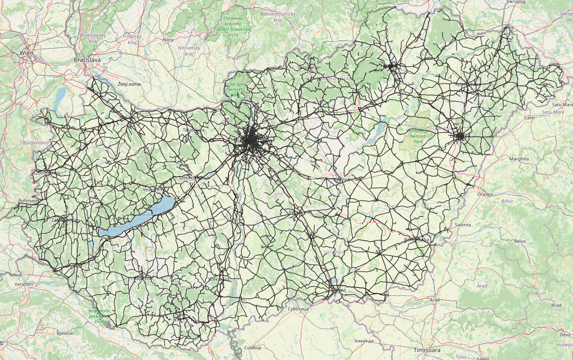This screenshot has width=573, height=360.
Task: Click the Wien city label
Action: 26,53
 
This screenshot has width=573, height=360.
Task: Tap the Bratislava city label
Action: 87,59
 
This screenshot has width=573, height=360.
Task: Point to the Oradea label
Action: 485,194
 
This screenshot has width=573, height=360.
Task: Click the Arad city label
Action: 435,300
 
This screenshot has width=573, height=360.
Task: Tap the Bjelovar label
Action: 64,333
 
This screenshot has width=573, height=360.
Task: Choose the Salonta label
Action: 462,224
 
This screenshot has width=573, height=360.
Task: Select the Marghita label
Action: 519,159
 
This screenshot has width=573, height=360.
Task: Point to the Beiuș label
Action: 520,241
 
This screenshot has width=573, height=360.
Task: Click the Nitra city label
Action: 168,40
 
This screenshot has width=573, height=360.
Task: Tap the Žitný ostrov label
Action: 129,84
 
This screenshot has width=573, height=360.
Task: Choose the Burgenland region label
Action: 36,143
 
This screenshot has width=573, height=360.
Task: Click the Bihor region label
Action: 507,201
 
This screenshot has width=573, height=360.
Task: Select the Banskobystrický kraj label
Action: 278,17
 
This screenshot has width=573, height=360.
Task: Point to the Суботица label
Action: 298,309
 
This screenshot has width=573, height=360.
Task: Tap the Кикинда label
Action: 364,341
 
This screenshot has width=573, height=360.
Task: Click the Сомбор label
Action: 253,348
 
